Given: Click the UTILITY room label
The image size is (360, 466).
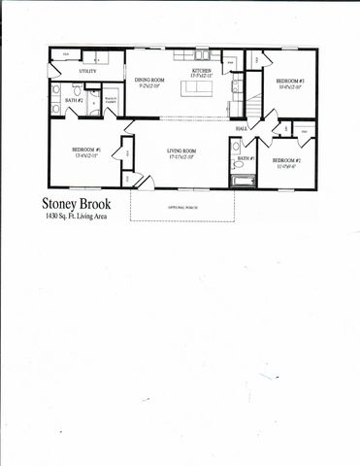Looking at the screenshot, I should pyautogui.click(x=87, y=72).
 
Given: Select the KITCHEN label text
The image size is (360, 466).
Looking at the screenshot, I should pyautogui.click(x=201, y=72).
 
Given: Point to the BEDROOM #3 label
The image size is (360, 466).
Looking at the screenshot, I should pyautogui.click(x=289, y=81).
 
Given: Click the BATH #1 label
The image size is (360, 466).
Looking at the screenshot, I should pyautogui.click(x=245, y=157).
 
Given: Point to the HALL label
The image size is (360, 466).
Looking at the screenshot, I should pyautogui.click(x=241, y=127).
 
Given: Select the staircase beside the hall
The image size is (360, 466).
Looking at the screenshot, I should pyautogui.click(x=253, y=102).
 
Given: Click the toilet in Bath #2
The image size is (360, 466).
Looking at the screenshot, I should pyautogui.click(x=55, y=109).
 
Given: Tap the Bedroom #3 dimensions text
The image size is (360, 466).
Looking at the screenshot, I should pyautogui.click(x=289, y=87).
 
